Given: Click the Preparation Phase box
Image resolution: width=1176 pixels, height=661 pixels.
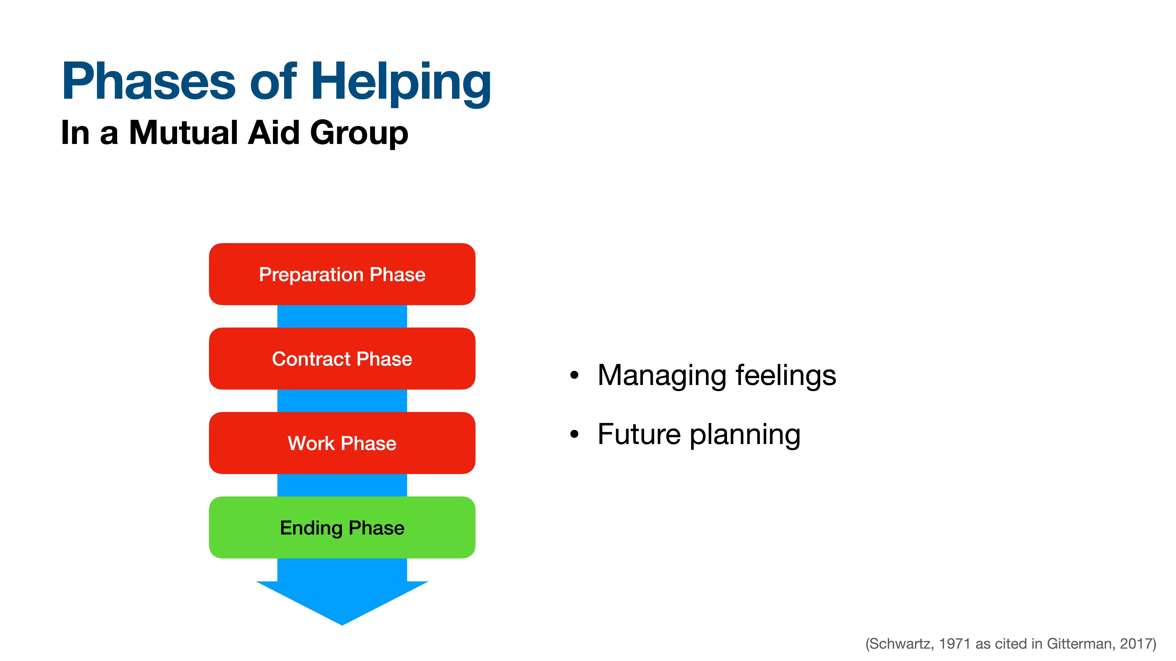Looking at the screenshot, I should [342, 274].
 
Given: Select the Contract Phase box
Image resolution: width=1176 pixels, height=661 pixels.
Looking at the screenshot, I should [342, 359].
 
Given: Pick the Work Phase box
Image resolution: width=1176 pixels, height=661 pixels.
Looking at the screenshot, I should [342, 443].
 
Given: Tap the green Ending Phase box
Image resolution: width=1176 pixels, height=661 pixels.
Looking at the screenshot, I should [342, 527].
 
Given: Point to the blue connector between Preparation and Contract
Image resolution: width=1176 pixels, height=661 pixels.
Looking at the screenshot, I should [342, 316].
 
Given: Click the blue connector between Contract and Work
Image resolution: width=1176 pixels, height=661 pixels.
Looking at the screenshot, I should [342, 401].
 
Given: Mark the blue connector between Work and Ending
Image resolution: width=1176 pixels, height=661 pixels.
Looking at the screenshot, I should [342, 485].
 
